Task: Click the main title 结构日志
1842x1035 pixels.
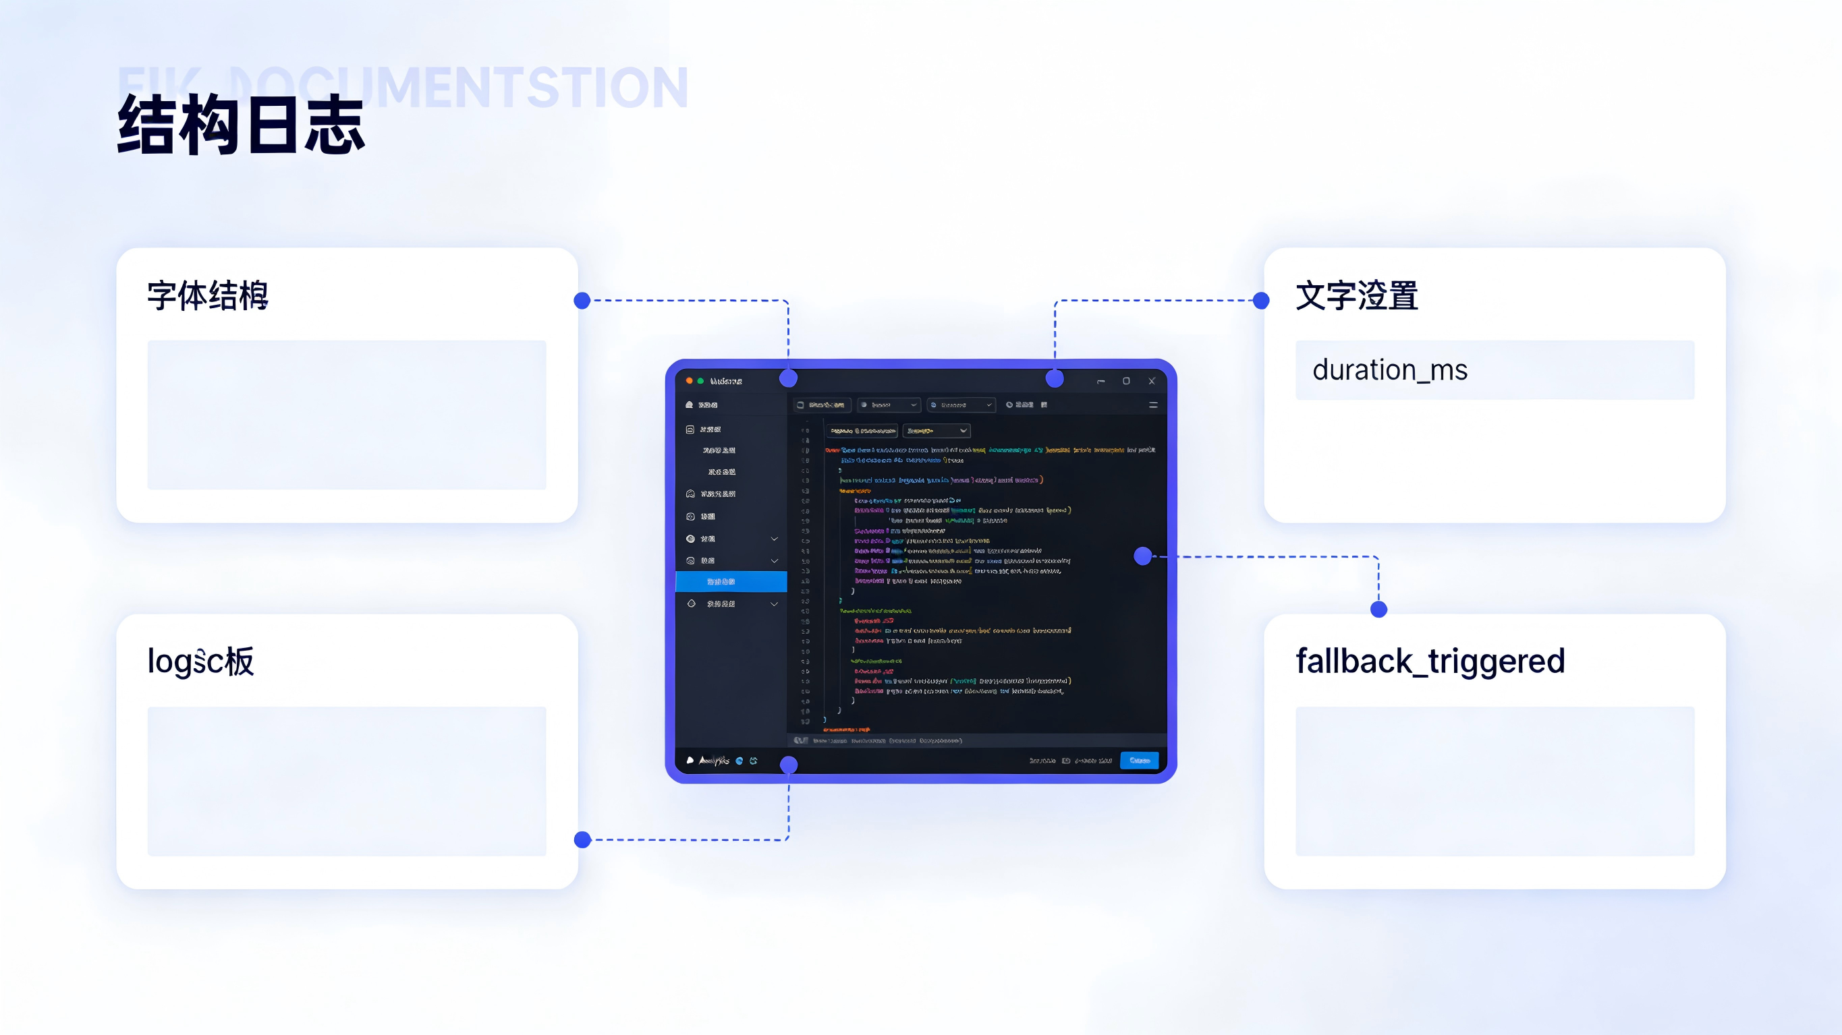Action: point(241,126)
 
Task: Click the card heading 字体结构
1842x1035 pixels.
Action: point(207,295)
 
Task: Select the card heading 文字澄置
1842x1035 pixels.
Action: point(1356,295)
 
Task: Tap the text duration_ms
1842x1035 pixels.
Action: point(1389,370)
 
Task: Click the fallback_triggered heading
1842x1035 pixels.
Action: point(1430,661)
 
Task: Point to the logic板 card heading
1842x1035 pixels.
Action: point(200,661)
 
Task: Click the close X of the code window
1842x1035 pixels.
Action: point(1151,381)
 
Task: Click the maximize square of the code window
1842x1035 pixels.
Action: point(1126,381)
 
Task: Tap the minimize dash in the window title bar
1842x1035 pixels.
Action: point(1101,382)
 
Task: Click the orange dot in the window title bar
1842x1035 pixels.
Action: point(690,381)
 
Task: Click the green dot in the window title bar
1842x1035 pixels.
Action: point(701,381)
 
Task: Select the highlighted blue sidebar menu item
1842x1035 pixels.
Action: point(731,582)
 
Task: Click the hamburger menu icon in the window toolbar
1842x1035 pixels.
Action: point(1152,405)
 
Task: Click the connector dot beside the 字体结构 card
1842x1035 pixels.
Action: point(582,301)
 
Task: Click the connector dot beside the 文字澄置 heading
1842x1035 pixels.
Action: point(1261,301)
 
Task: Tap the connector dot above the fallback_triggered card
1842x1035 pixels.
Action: point(1378,610)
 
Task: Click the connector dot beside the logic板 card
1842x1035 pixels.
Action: point(583,840)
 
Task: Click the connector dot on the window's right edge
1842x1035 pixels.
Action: point(1143,556)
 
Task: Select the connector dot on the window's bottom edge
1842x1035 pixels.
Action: point(789,765)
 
